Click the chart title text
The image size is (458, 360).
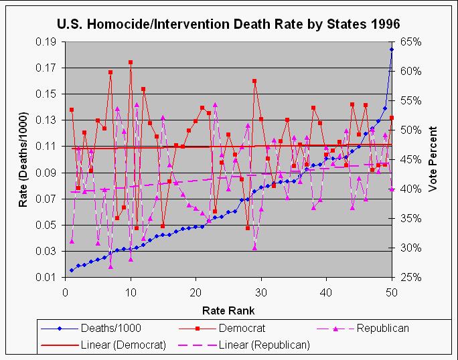[228, 23]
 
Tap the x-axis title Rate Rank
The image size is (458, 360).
[228, 310]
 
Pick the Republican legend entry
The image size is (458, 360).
[383, 329]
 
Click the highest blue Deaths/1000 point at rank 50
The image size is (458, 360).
[392, 50]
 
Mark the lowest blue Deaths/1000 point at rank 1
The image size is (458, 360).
[72, 270]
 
